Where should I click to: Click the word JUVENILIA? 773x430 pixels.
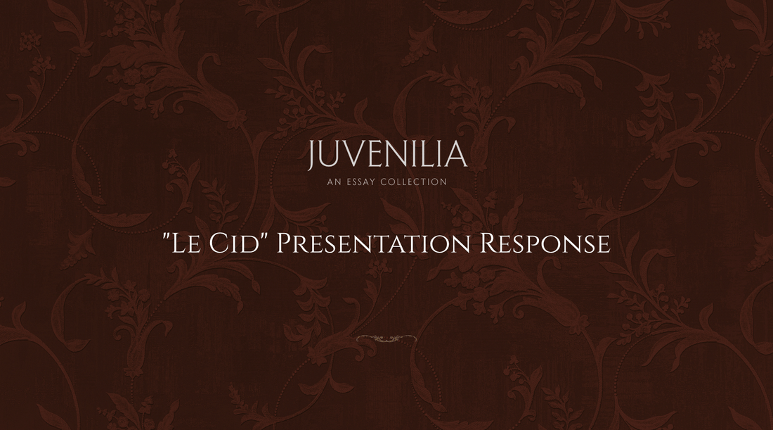pyautogui.click(x=387, y=155)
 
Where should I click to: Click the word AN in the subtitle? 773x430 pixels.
pyautogui.click(x=334, y=182)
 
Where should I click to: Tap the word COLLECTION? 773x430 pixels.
pyautogui.click(x=413, y=182)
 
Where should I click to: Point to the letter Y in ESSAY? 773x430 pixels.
pyautogui.click(x=372, y=182)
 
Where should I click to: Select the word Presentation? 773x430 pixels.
pyautogui.click(x=374, y=244)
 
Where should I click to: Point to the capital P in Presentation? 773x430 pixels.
pyautogui.click(x=284, y=244)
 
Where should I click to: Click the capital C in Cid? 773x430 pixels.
pyautogui.click(x=216, y=244)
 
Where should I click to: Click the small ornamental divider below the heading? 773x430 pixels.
pyautogui.click(x=386, y=339)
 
